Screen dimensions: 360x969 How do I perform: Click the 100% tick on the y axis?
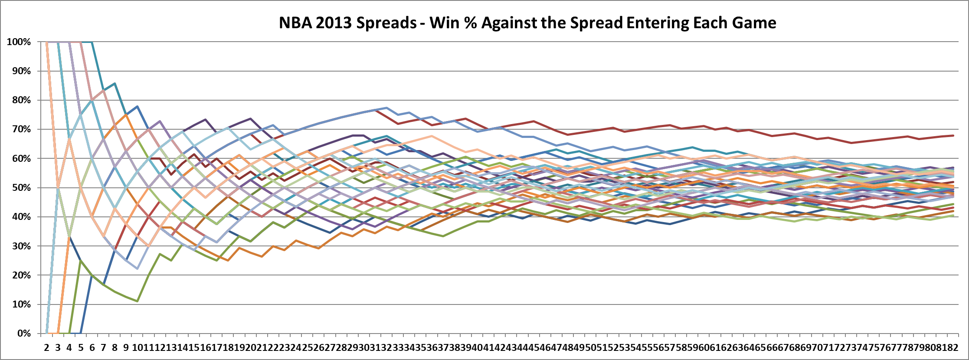click(x=19, y=42)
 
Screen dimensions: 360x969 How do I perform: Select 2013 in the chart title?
click(x=333, y=23)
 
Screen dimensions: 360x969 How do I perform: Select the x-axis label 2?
click(x=46, y=347)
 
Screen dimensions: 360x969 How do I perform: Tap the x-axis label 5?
click(x=81, y=347)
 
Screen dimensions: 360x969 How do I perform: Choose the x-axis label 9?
click(x=126, y=347)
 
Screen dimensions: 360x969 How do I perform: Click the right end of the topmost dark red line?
click(x=953, y=135)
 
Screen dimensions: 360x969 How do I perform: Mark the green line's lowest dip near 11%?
click(x=137, y=301)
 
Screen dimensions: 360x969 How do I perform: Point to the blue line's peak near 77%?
click(x=386, y=108)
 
